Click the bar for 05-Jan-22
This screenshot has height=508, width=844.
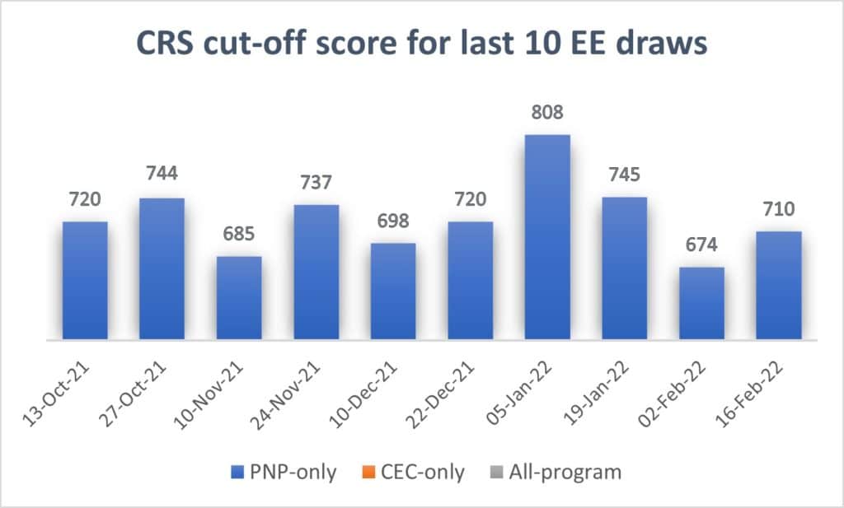pyautogui.click(x=547, y=237)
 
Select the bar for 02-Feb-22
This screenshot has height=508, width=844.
pyautogui.click(x=701, y=303)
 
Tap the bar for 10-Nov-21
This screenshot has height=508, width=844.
pyautogui.click(x=239, y=297)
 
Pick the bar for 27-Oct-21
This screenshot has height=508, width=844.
pyautogui.click(x=162, y=268)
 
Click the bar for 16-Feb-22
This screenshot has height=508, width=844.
pyautogui.click(x=779, y=285)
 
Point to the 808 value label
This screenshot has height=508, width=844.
pyautogui.click(x=547, y=112)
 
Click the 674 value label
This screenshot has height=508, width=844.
pyautogui.click(x=701, y=245)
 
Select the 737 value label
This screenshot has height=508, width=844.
pyautogui.click(x=316, y=183)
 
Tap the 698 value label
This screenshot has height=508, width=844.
pyautogui.click(x=393, y=221)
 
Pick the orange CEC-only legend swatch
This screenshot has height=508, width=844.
pyautogui.click(x=366, y=473)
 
